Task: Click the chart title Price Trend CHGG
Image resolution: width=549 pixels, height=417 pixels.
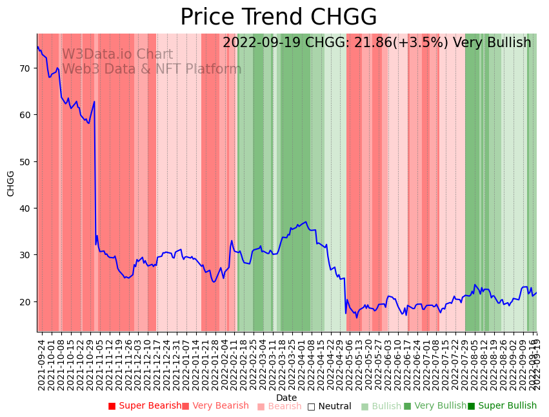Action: point(278,17)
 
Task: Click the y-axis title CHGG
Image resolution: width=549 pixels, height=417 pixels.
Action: point(11,183)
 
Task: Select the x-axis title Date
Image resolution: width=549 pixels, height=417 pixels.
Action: point(286,398)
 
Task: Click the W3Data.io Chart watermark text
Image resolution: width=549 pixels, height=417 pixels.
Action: point(117,55)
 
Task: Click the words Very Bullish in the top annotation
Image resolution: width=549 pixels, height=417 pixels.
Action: point(492,43)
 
